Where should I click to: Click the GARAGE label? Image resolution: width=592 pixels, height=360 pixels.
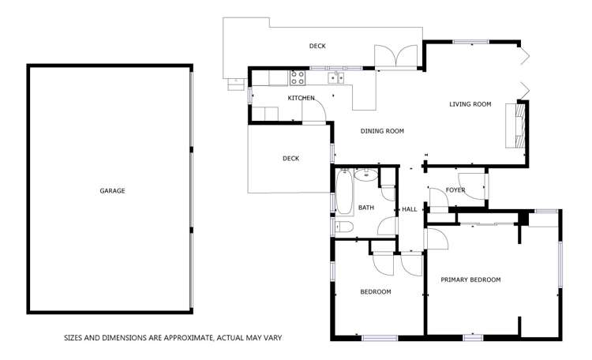coord(112,190)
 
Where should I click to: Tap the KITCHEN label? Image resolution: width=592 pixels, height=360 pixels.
coord(301,98)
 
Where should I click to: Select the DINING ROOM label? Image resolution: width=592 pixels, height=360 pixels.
coord(382,131)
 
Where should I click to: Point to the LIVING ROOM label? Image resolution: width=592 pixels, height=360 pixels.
coord(470,104)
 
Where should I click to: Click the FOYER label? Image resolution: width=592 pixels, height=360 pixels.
coord(455,190)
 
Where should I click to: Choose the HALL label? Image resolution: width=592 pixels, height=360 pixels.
coord(409,209)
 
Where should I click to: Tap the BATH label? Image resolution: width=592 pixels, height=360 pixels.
coord(366,208)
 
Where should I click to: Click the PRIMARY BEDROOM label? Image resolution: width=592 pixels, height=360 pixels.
coord(470,279)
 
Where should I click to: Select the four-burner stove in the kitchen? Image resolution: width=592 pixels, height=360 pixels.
coord(298,77)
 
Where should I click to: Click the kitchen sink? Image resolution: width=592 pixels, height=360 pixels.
coord(337,77)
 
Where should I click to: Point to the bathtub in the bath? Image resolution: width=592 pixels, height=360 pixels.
coord(344,193)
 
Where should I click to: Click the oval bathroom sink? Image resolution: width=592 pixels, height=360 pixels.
coord(366,175)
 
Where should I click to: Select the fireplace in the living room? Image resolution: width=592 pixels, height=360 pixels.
coord(519,124)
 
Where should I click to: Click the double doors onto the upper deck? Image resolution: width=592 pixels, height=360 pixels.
coord(396,58)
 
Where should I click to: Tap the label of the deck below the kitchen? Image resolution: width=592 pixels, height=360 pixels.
coord(290,159)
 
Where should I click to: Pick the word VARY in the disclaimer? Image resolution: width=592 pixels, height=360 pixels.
coord(272,338)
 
